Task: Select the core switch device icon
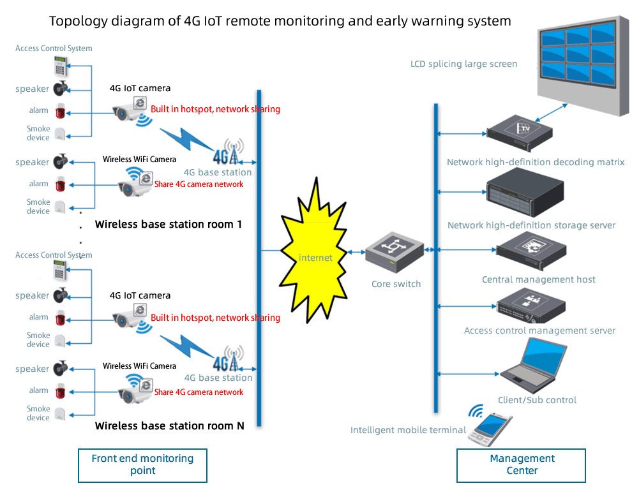[395, 251]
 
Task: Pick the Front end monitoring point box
[142, 465]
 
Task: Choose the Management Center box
[522, 465]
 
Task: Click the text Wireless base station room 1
[168, 225]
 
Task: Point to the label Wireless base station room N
[169, 425]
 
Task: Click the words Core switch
[396, 284]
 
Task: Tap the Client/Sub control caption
[537, 400]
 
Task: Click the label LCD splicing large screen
[463, 64]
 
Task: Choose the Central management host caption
[538, 279]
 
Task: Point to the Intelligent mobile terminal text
[408, 430]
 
